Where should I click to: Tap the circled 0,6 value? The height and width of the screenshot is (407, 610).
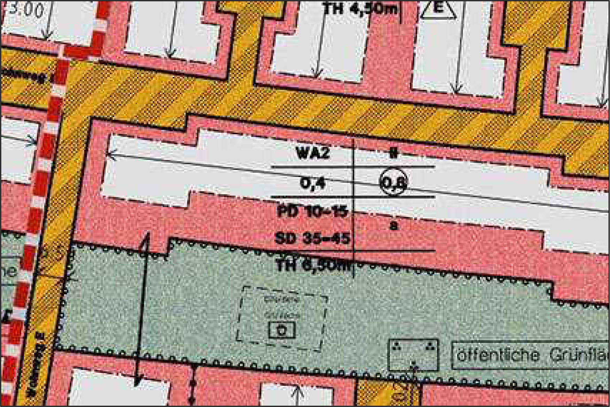393,182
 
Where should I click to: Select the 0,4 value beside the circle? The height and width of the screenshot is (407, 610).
312,183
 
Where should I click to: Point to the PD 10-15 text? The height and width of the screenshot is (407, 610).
312,211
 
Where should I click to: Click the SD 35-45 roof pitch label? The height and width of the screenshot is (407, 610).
312,239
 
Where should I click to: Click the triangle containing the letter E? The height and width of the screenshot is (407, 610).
439,10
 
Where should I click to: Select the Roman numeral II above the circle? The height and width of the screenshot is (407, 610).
393,153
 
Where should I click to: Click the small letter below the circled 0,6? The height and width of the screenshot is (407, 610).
393,226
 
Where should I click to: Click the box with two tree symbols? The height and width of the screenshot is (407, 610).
414,355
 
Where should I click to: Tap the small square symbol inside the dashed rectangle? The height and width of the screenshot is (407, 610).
282,330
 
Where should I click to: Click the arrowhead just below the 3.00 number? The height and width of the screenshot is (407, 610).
46,35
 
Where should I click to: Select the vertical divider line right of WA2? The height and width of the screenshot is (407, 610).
354,209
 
